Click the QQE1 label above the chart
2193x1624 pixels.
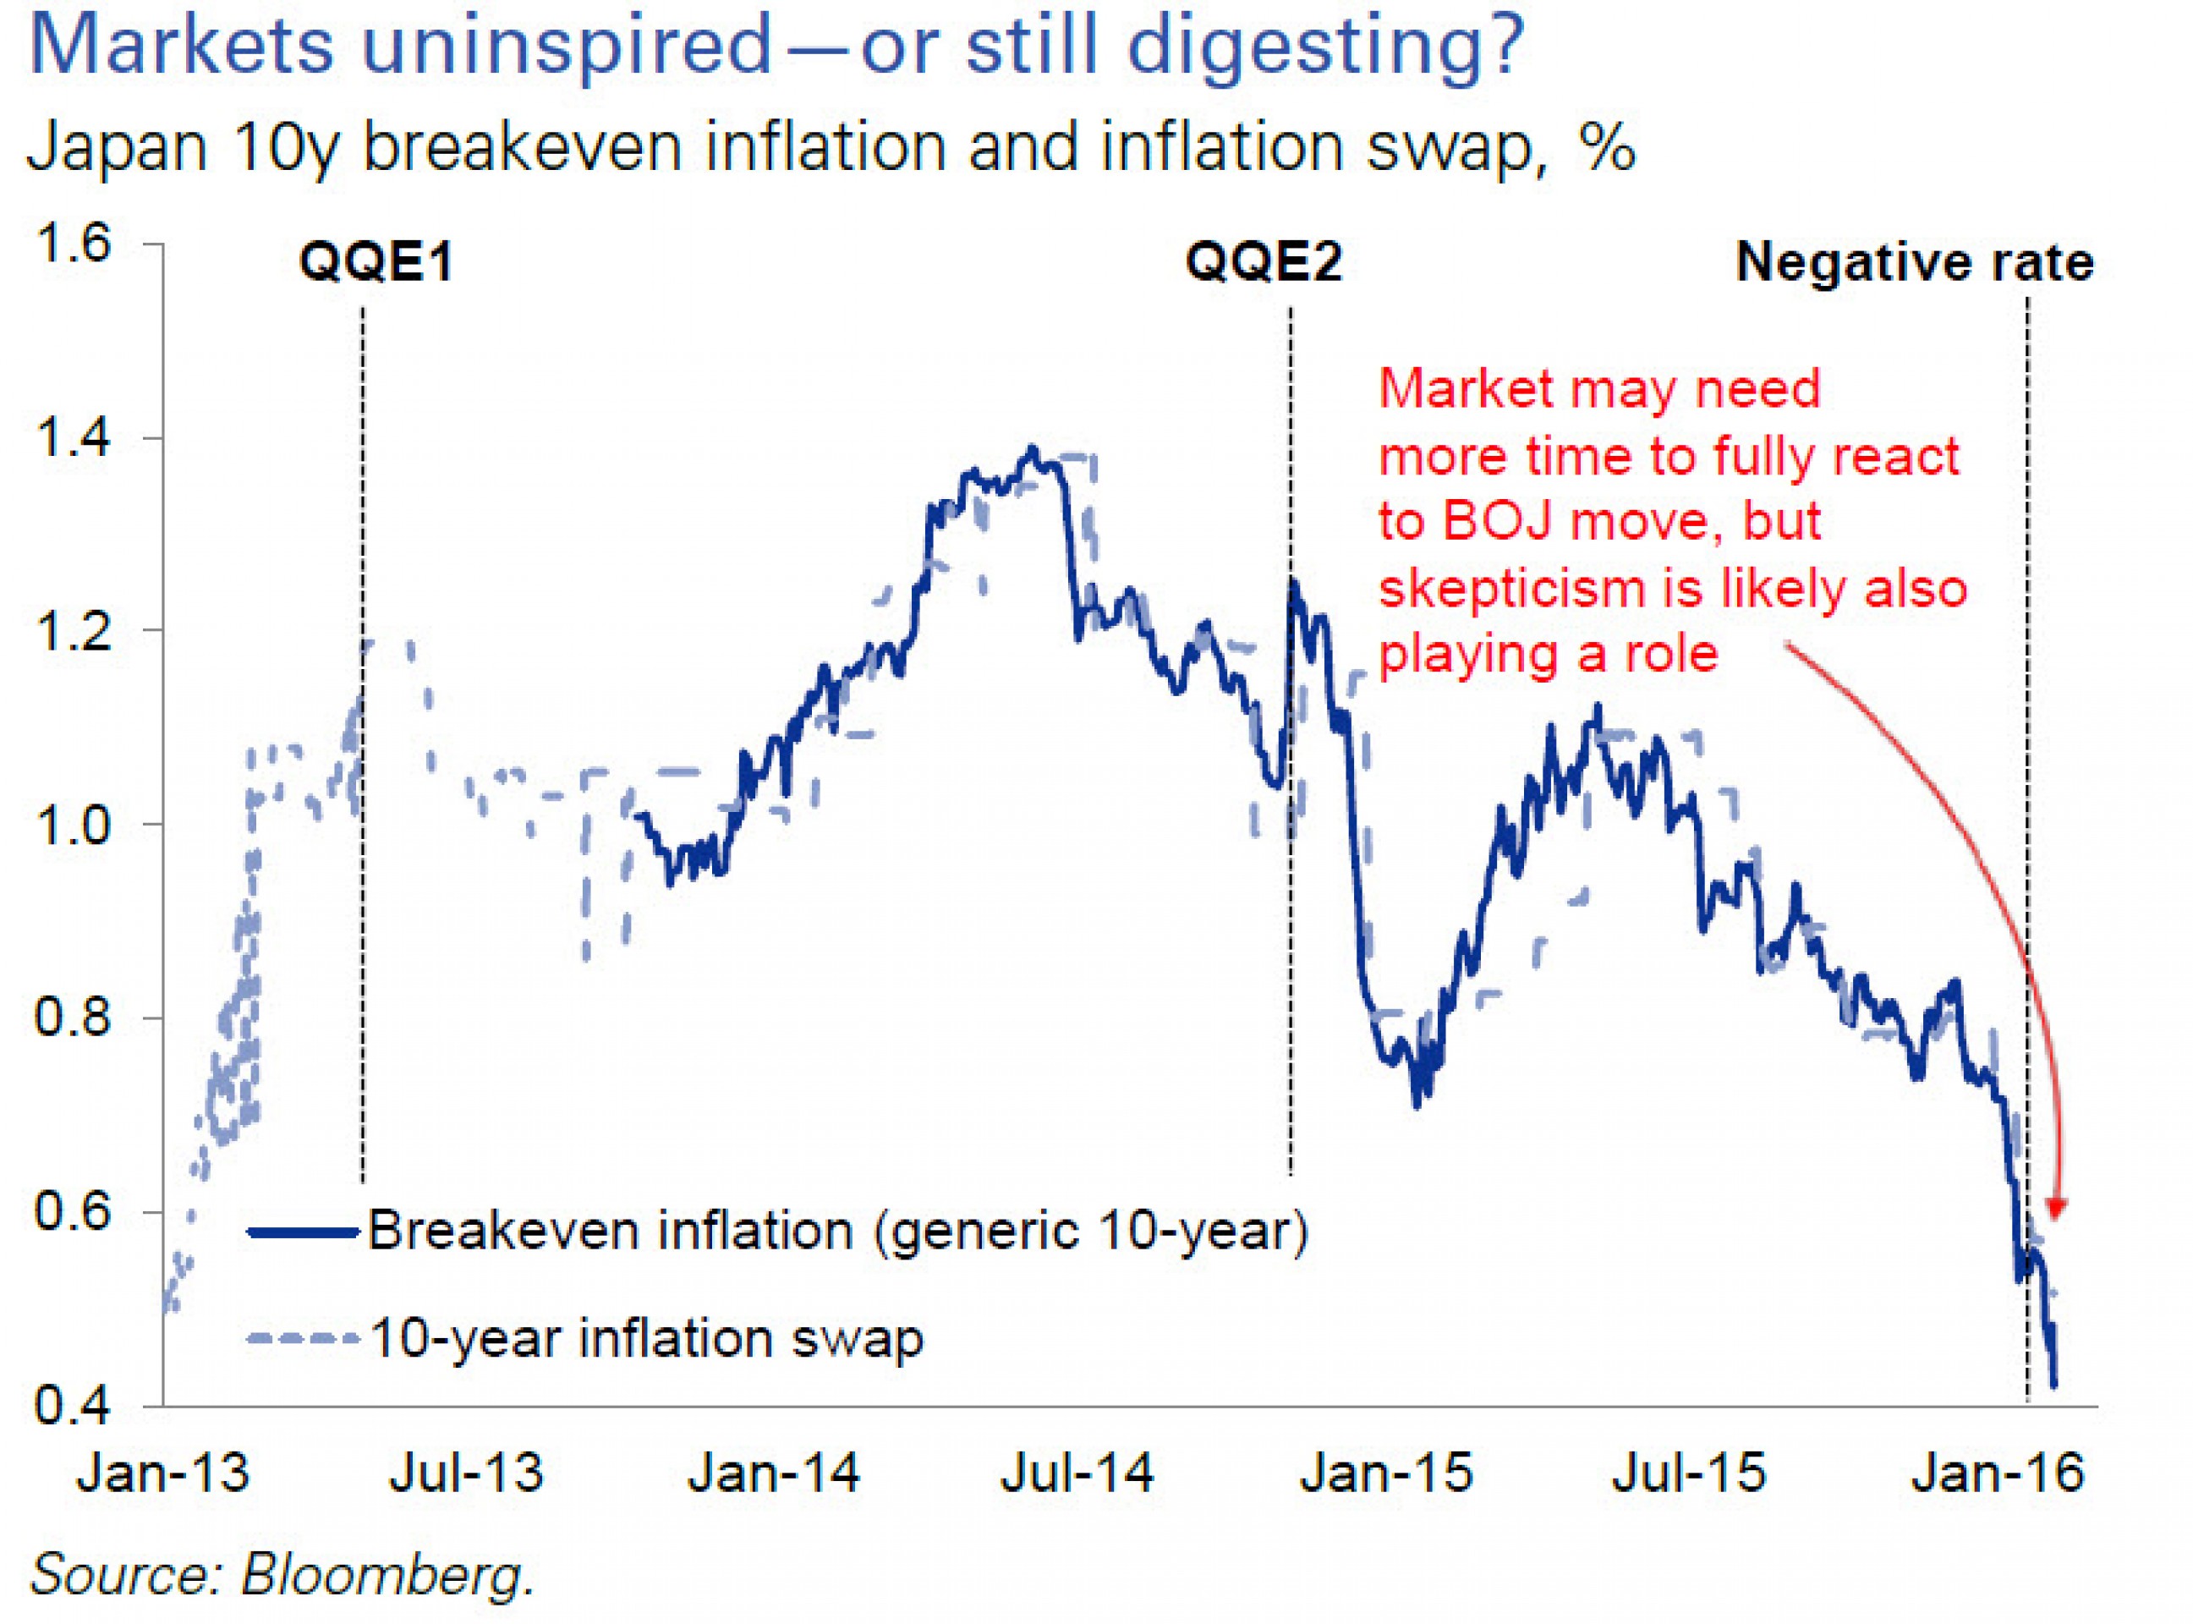(376, 262)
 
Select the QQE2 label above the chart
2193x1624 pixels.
(1264, 262)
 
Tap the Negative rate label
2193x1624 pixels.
(1915, 262)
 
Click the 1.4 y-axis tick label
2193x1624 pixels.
(73, 436)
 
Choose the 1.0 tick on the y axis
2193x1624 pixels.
(73, 824)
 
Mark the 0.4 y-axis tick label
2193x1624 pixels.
(73, 1406)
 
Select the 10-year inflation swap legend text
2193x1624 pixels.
(646, 1338)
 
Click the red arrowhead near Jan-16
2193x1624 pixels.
(2056, 1207)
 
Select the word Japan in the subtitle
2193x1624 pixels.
(117, 147)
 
